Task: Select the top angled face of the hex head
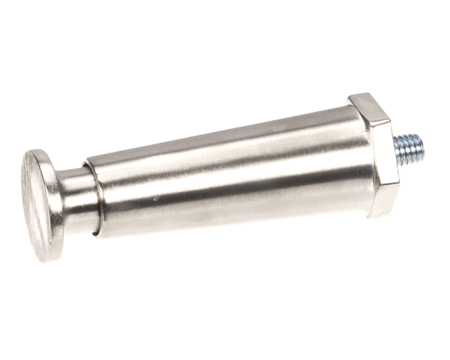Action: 369,109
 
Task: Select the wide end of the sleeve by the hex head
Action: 352,161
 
